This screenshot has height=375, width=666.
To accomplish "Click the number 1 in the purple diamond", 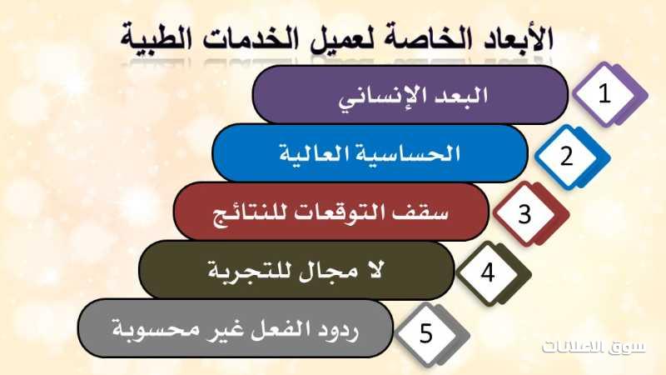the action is tap(604, 93).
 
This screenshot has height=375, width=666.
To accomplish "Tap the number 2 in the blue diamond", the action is tap(567, 156).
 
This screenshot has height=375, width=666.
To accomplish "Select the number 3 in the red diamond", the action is tap(525, 214).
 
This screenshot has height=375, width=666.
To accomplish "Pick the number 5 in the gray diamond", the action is tap(426, 332).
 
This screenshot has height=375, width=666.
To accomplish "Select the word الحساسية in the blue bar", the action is tap(411, 153).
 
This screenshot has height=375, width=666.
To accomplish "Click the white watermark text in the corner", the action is tap(594, 347).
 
